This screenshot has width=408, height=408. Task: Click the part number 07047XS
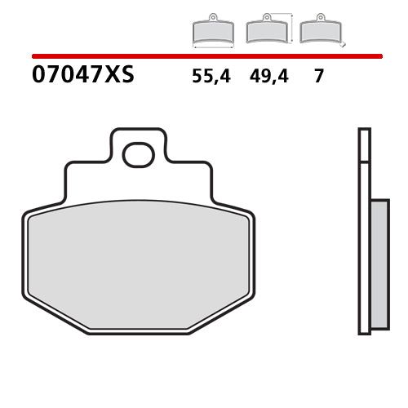82,77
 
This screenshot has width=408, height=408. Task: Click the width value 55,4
211,78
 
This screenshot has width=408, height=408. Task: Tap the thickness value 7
319,78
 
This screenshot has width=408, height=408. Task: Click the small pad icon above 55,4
212,31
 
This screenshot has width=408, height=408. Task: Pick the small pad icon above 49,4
265,31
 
